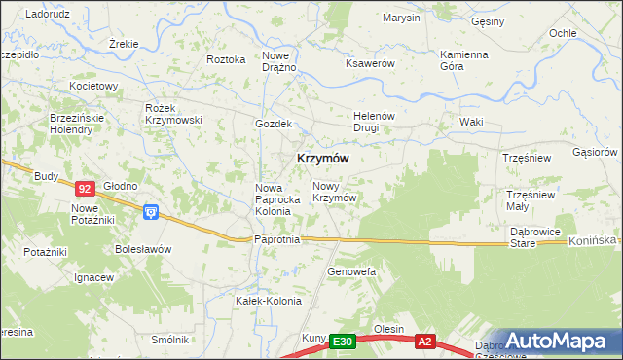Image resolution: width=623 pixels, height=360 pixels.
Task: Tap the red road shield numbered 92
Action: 85,189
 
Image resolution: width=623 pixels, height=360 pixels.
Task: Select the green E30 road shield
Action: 341,342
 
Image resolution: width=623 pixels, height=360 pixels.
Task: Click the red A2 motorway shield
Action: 424,342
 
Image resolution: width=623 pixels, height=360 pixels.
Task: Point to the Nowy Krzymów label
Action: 333,192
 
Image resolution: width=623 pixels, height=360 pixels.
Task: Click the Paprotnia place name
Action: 275,239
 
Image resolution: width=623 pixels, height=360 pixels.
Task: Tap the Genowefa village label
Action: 351,271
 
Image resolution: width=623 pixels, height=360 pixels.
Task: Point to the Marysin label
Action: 401,18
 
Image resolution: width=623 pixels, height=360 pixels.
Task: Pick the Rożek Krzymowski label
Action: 172,114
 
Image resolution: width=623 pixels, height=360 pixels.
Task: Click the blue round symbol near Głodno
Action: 150,211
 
